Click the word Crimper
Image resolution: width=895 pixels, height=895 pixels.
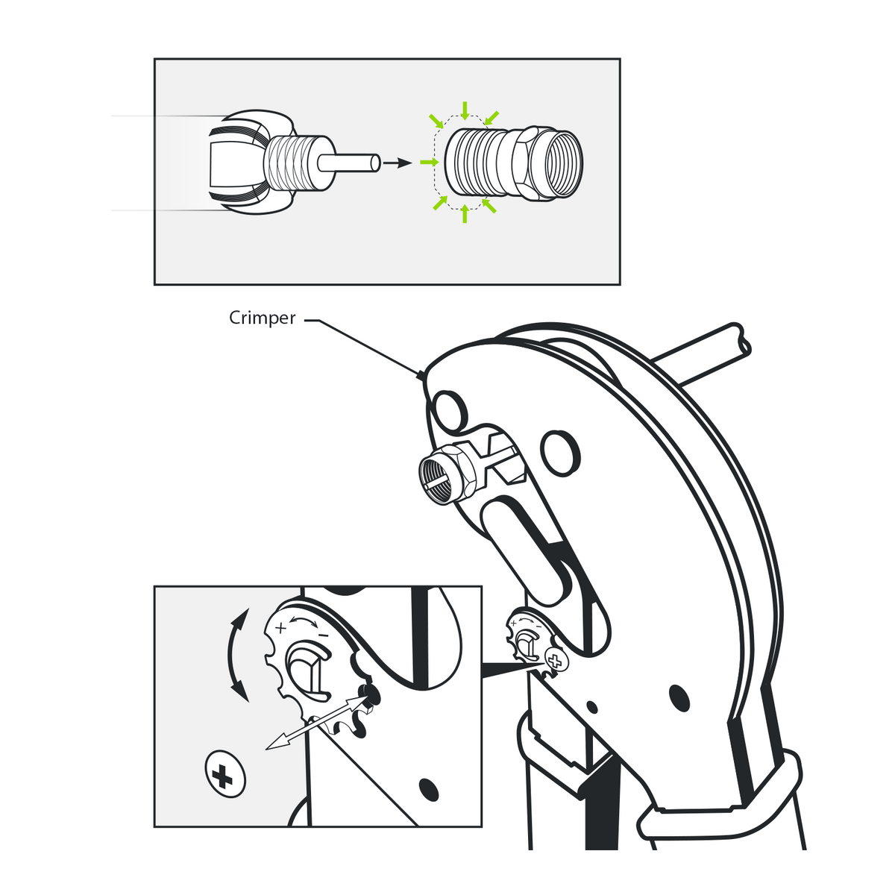(x=262, y=318)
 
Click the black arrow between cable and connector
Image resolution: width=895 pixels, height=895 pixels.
(x=397, y=163)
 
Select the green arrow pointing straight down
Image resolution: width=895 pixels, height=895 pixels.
(x=465, y=110)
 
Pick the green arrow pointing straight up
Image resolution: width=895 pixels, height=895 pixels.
(x=465, y=213)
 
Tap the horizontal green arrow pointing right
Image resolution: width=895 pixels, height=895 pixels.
(x=430, y=162)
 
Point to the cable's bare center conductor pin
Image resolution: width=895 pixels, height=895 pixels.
(x=349, y=163)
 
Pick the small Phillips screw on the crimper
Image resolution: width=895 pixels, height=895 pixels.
(x=555, y=660)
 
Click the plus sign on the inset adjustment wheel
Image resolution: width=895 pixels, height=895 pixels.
(x=280, y=629)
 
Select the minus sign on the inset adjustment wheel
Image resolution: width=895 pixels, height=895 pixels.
(x=324, y=635)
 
